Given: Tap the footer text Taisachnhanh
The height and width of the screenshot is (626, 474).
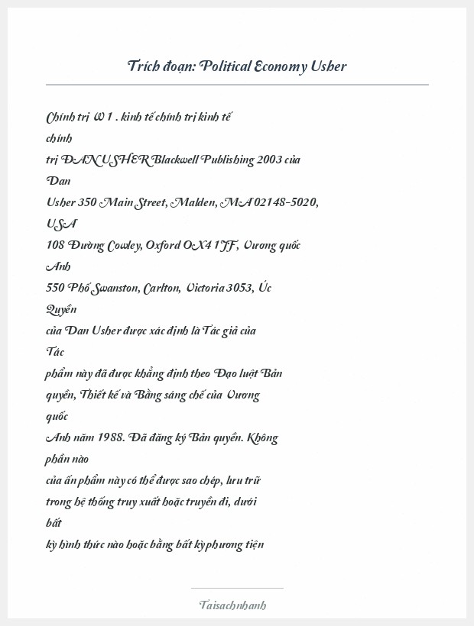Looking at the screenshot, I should pos(232,605).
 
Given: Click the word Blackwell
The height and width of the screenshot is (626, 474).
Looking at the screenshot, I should pos(175,160).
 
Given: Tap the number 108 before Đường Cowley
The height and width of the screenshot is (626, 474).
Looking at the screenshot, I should pos(56,245).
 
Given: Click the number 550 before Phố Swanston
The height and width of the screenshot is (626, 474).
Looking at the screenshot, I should pos(56,288).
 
